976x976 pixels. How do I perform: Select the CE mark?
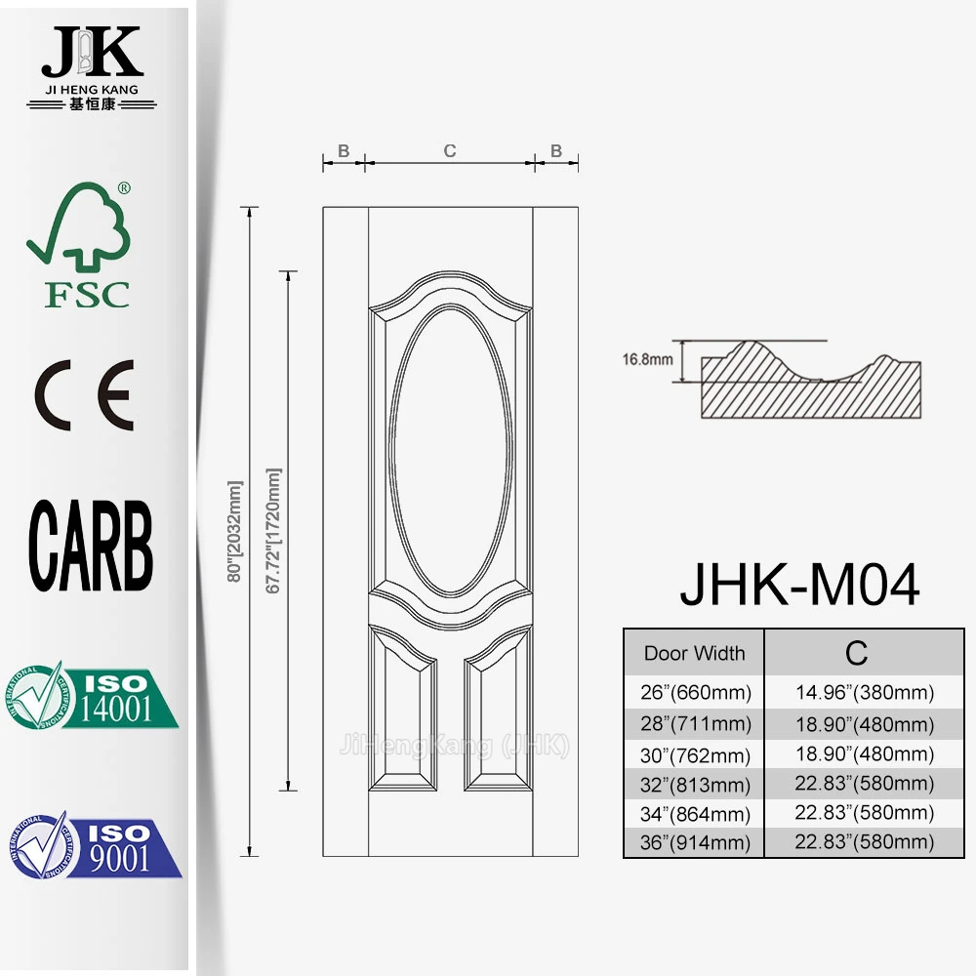click(x=85, y=396)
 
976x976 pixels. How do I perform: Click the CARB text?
click(x=91, y=547)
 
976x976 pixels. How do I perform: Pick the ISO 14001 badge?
click(x=94, y=696)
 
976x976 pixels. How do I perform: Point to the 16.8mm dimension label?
click(x=648, y=358)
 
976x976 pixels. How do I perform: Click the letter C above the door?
click(x=449, y=150)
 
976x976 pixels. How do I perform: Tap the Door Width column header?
click(x=694, y=654)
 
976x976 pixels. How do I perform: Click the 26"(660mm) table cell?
click(x=694, y=694)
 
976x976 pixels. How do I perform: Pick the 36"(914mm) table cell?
click(x=694, y=843)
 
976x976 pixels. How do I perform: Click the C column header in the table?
click(x=856, y=652)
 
